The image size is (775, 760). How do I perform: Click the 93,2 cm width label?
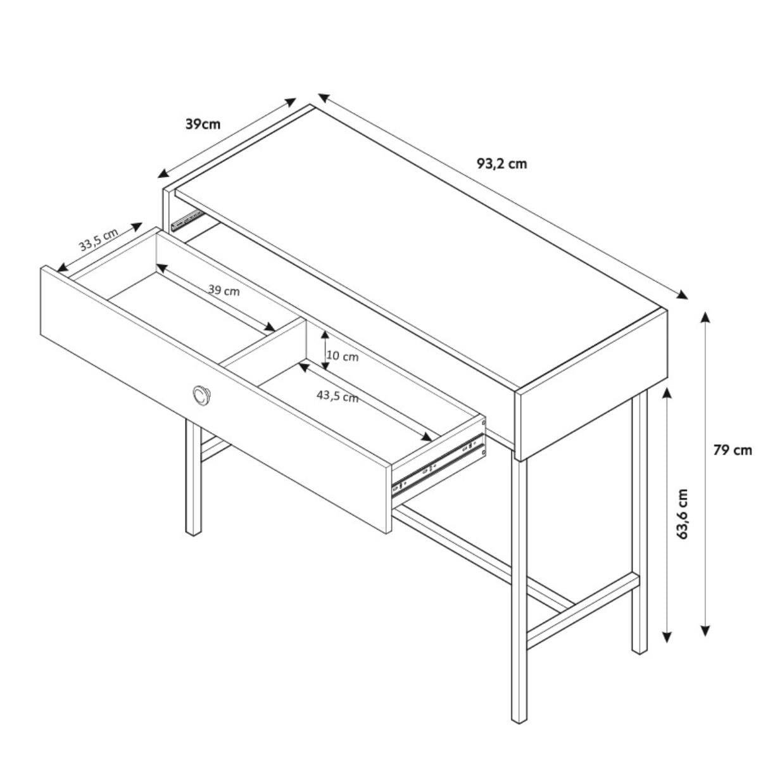pos(501,164)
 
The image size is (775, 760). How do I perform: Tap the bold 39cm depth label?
pos(203,124)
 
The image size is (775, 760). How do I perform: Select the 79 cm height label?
pos(733,450)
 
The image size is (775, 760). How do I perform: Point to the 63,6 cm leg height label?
pos(683,514)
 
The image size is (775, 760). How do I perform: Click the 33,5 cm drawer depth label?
pos(99,239)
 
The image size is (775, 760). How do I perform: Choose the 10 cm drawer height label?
pos(343,356)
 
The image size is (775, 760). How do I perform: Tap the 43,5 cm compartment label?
pos(337,396)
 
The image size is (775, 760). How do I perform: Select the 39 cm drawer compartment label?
pos(224,290)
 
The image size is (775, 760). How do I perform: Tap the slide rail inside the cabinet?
pos(187,220)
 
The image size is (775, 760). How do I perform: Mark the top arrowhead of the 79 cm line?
pos(705,317)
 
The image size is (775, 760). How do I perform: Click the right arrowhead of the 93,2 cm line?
pos(682,295)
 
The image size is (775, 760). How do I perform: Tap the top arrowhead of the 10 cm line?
pos(325,335)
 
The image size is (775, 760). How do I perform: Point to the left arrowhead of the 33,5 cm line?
pos(63,267)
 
